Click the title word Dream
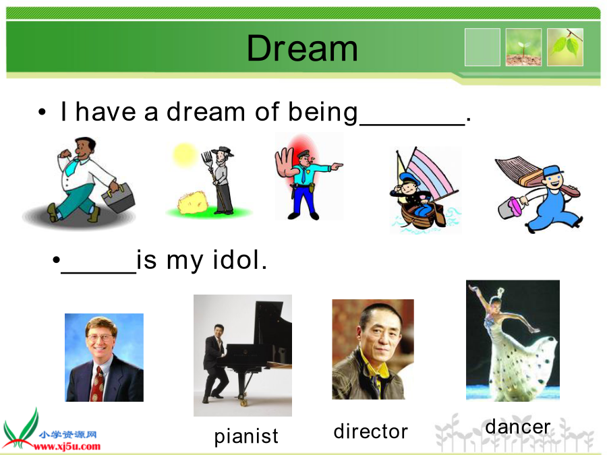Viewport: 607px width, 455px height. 302,49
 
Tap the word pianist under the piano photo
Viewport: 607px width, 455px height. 246,436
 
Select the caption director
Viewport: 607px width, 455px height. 370,431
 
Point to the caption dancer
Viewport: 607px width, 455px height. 517,427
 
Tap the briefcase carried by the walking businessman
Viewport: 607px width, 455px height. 118,198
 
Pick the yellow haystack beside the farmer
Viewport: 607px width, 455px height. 193,202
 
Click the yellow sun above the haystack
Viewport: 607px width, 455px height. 185,154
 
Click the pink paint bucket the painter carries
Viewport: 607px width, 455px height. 509,208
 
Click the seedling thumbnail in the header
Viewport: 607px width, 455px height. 523,47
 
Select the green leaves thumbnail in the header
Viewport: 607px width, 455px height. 565,47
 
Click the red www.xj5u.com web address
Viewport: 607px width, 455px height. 67,446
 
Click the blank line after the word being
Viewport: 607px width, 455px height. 412,124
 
